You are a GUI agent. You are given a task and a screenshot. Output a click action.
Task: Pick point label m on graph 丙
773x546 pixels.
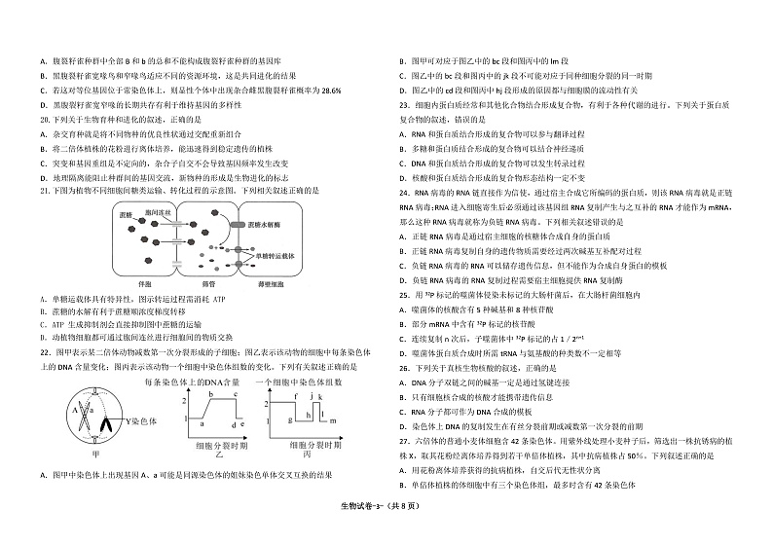point(332,422)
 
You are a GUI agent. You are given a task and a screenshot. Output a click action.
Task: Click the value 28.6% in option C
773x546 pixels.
point(330,91)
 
